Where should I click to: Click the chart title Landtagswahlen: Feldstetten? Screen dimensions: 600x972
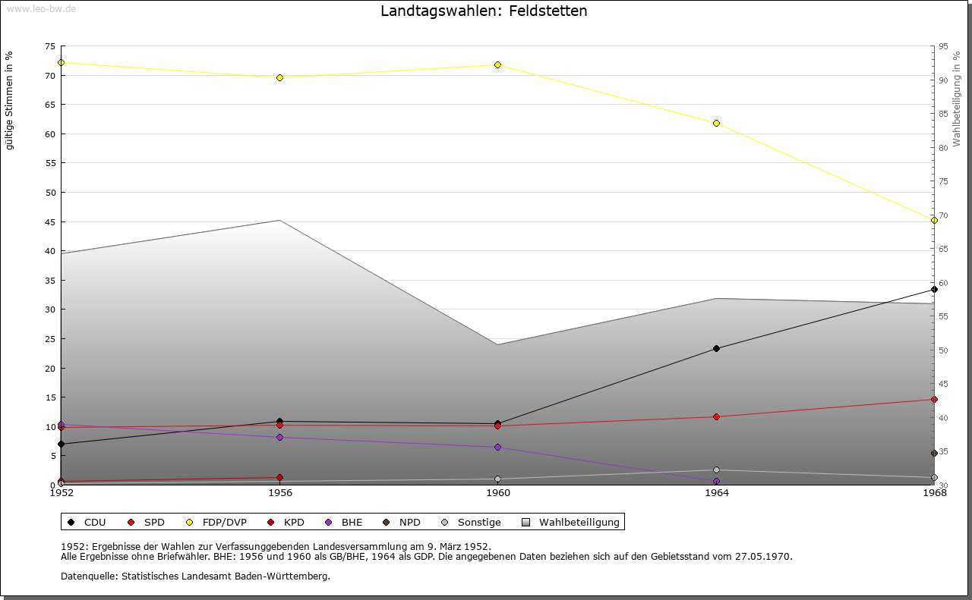(484, 11)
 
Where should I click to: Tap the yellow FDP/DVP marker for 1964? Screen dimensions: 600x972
(716, 124)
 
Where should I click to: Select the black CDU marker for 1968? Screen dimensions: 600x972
(934, 289)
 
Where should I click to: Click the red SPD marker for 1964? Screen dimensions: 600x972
(716, 416)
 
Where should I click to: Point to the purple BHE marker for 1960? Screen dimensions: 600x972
(498, 448)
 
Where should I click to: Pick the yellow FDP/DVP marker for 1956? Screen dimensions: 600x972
(280, 77)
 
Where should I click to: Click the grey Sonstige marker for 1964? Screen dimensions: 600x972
(716, 470)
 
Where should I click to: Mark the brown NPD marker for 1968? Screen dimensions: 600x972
(934, 454)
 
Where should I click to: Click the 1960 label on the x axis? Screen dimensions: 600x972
(498, 493)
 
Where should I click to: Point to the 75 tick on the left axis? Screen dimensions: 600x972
(49, 46)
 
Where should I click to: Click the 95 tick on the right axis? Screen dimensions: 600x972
(942, 46)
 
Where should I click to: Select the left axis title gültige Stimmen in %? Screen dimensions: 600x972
(10, 101)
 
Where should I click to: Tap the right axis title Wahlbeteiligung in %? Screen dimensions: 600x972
(957, 99)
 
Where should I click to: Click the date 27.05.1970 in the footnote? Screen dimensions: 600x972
(762, 557)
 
